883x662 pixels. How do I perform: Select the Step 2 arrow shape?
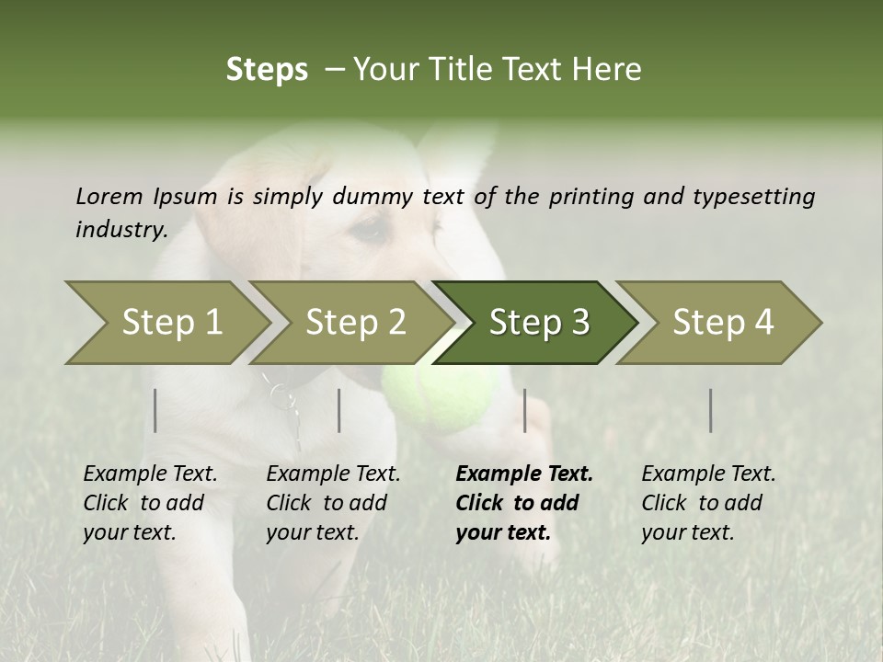click(x=355, y=323)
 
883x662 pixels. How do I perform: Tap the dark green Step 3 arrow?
click(x=539, y=323)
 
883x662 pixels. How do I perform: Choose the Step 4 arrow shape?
click(x=723, y=323)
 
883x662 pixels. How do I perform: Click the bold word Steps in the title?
click(x=267, y=70)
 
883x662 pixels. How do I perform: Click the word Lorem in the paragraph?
click(x=109, y=196)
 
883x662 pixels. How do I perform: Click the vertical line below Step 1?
click(x=155, y=410)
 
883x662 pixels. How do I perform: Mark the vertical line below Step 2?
click(x=339, y=410)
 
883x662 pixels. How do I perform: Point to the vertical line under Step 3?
click(x=524, y=410)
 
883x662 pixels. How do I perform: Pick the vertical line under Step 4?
click(x=710, y=410)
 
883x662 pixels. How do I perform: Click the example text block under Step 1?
click(x=150, y=503)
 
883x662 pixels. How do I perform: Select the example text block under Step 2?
click(x=333, y=503)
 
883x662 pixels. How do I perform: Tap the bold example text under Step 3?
click(x=523, y=503)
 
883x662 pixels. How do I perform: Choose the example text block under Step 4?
click(x=708, y=503)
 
